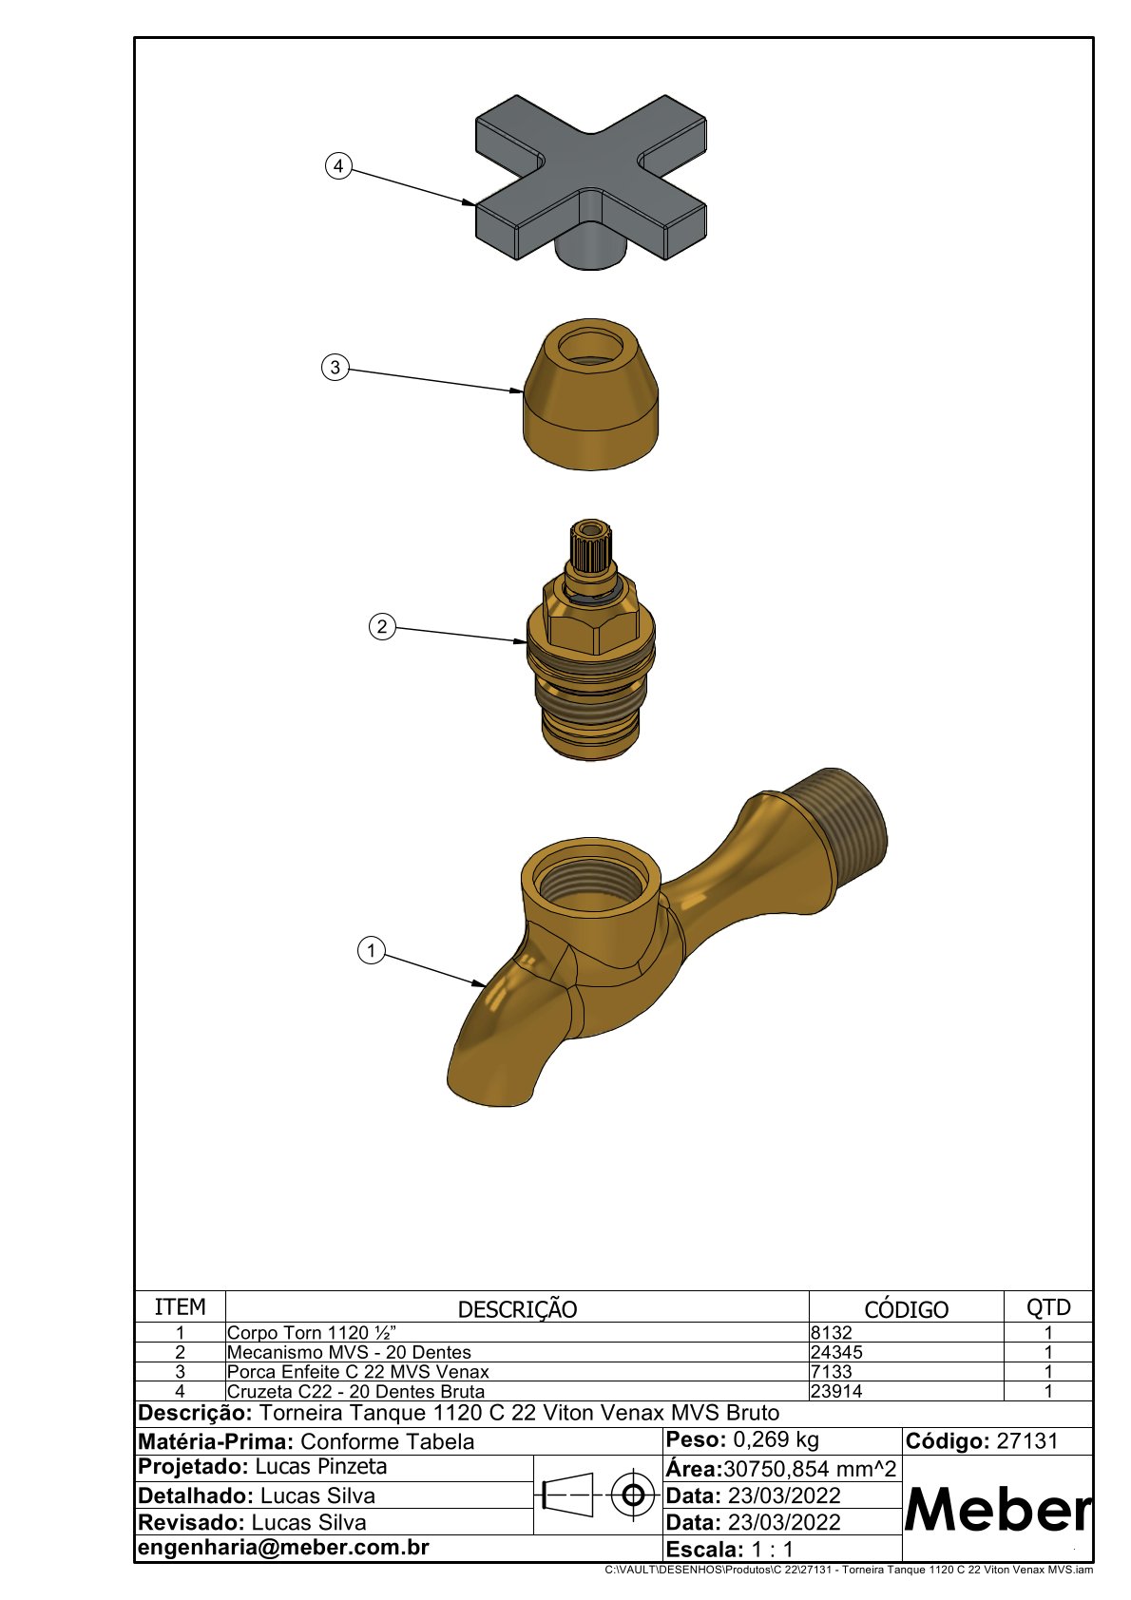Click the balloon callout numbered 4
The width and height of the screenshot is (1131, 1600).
(x=338, y=166)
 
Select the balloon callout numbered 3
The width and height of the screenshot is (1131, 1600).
(x=335, y=368)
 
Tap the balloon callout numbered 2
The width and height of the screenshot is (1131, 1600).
(x=382, y=626)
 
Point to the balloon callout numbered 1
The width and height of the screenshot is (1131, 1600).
(x=371, y=951)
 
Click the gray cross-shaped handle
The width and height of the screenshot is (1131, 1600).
(x=591, y=182)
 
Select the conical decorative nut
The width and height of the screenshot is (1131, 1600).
(x=591, y=394)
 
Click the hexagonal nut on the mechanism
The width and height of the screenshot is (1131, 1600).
(x=590, y=618)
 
